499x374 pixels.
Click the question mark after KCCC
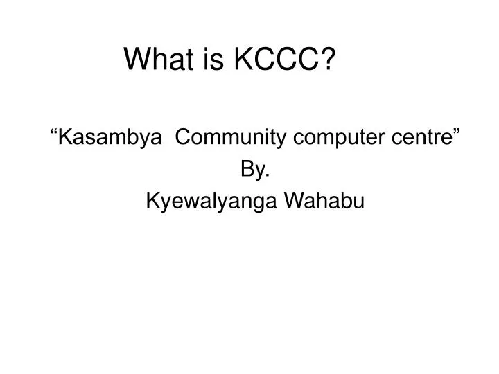coord(323,61)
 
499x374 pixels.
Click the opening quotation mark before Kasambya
coord(56,134)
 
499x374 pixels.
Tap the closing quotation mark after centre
coord(459,134)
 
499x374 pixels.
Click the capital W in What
coord(136,61)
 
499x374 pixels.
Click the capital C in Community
coord(184,139)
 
